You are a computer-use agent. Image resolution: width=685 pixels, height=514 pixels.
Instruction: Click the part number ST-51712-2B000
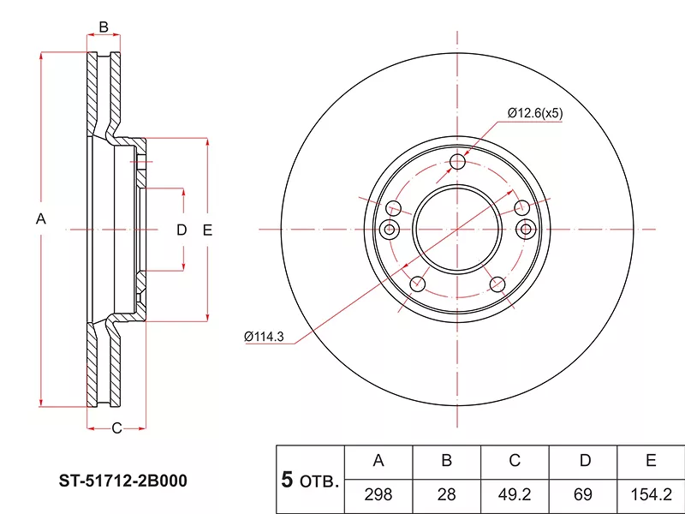122,481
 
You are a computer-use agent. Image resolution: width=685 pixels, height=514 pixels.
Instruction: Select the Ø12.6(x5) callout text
535,113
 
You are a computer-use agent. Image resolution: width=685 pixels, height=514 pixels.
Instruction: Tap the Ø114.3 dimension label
264,337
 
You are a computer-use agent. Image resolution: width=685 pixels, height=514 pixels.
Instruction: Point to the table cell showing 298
378,494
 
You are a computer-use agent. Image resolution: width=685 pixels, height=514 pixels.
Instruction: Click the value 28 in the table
446,494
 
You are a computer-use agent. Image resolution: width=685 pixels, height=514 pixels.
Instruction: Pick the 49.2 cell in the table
515,494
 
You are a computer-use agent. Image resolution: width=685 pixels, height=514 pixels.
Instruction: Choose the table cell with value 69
583,494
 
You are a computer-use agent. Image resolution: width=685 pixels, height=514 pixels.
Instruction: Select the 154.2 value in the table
651,494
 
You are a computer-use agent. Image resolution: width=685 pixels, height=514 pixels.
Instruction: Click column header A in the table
378,460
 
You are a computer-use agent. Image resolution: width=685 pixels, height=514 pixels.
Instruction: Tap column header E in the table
651,460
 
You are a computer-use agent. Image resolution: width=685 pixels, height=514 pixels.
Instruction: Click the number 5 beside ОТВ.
287,480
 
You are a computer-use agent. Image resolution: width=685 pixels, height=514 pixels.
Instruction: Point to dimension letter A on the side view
40,218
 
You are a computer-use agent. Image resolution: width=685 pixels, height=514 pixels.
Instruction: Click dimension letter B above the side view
104,27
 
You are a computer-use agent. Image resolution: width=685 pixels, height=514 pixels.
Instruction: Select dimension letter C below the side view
116,428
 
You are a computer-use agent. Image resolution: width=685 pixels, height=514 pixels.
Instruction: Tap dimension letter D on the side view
182,230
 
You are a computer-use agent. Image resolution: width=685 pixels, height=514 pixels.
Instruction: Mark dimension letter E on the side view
207,230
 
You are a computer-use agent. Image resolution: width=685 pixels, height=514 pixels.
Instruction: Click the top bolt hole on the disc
457,162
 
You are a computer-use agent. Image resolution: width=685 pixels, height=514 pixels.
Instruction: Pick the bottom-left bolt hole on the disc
418,284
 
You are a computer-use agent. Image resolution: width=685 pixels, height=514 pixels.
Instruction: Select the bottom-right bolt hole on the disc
497,284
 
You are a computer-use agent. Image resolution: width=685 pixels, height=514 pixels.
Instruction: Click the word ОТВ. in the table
319,481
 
